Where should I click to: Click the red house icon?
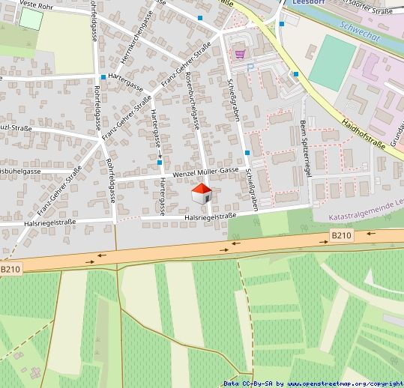[x=202, y=194]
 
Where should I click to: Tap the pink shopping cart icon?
[x=239, y=53]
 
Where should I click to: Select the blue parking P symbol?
[x=250, y=67]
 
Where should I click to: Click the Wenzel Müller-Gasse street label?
[x=205, y=173]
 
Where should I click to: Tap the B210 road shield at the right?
[x=341, y=236]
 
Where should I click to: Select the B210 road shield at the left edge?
[x=9, y=269]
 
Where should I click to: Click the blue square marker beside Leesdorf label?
[x=281, y=24]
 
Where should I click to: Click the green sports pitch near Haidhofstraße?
[x=332, y=63]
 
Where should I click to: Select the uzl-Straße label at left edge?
[x=15, y=128]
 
